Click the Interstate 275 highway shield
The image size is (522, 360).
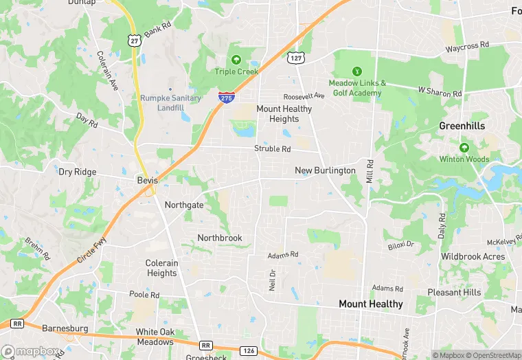[225, 98]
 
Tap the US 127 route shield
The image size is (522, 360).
[295, 58]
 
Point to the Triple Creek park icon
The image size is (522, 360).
[236, 60]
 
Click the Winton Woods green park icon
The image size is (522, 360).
[464, 147]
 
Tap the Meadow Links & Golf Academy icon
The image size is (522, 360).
[356, 71]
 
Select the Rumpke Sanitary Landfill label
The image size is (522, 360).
[171, 102]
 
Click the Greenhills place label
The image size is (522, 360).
[462, 126]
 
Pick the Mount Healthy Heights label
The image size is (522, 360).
[284, 113]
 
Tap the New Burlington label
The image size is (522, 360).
[325, 170]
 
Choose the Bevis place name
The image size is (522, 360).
[147, 180]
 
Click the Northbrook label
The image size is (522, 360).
[220, 238]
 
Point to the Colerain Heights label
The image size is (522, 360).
[162, 268]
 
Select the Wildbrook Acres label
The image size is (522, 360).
[473, 257]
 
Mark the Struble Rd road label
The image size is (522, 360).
[273, 149]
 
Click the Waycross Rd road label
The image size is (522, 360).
[466, 45]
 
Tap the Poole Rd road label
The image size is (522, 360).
[144, 294]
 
